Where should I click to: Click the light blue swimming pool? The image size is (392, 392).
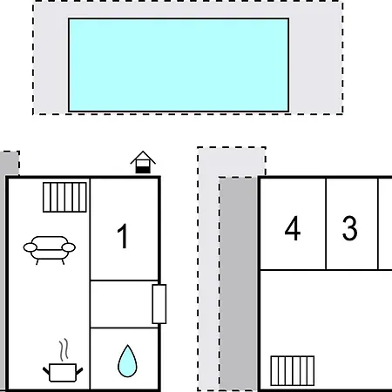point(179,64)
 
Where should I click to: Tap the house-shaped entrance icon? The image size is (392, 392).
point(143,162)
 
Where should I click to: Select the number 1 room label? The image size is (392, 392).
point(123,236)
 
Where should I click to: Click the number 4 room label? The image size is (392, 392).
point(293,228)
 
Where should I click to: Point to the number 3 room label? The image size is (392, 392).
point(349,228)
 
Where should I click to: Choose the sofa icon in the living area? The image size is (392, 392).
point(50,250)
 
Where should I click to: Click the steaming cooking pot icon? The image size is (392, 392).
point(63,361)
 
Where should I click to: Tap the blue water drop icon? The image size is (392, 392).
point(127,362)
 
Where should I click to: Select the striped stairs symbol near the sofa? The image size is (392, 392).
point(64,197)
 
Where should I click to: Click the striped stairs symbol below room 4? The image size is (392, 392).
point(292,371)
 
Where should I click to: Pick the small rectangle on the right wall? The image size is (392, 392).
point(159,304)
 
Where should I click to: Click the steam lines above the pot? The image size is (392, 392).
point(64,349)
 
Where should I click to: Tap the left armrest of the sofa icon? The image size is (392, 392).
point(30,247)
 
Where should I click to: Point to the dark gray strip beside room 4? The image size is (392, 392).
point(238,284)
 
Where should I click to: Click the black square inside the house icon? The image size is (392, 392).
point(143,169)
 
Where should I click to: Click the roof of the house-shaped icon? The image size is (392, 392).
point(143,157)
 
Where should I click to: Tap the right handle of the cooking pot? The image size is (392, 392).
point(79,371)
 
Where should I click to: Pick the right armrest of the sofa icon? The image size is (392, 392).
point(69,247)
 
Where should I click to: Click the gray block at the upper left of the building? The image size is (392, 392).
point(10,163)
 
